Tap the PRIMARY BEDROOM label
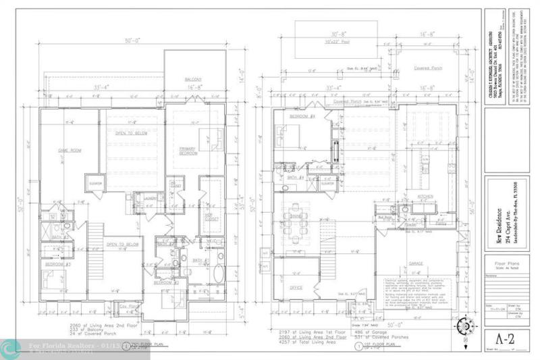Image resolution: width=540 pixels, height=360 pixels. pos(188,151)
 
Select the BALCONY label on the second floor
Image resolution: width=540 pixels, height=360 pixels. pos(194,80)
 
